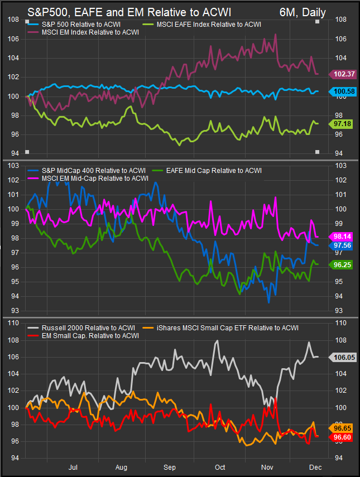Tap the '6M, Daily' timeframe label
click(302, 11)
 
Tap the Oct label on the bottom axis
click(219, 468)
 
